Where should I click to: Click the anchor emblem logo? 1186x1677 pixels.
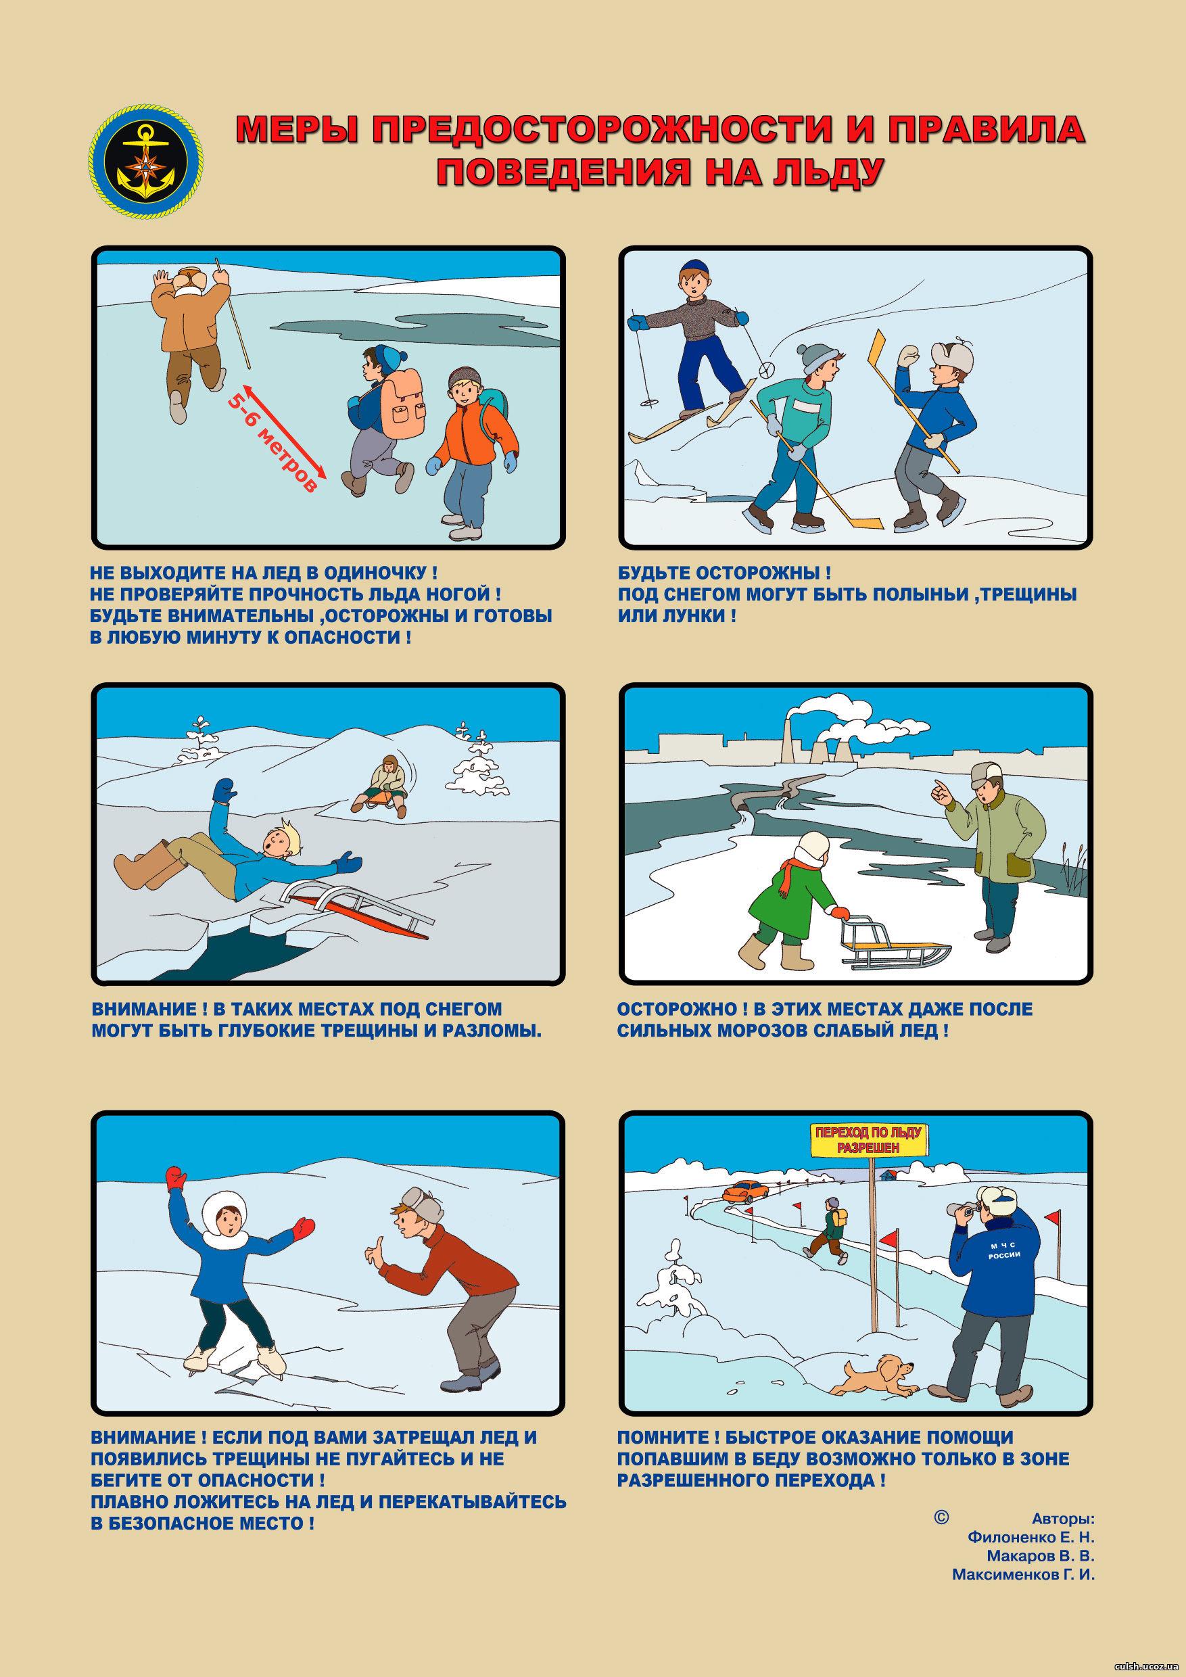[146, 162]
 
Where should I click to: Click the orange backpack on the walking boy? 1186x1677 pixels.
[401, 404]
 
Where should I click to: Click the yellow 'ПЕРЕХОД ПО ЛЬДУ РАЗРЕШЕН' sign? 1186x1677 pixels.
[868, 1140]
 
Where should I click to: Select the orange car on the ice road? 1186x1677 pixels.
[745, 1191]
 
